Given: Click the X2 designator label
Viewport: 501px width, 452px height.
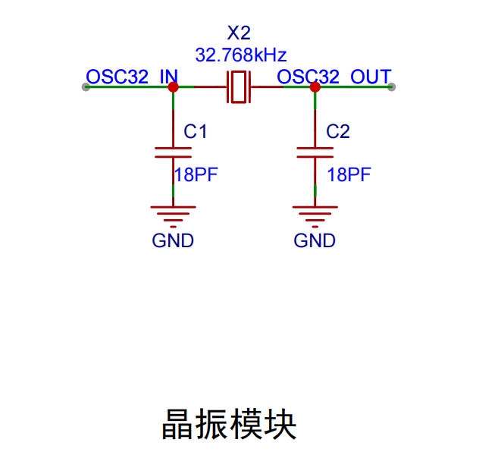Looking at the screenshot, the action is (x=239, y=33).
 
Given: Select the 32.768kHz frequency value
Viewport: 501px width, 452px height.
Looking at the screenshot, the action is (x=241, y=55).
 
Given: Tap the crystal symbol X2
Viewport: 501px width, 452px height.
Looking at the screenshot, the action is (x=239, y=87).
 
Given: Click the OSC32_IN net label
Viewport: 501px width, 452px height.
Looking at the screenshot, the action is (x=132, y=77).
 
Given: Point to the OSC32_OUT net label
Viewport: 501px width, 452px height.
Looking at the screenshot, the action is (x=334, y=77).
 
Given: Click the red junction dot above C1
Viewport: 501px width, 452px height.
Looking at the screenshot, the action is (x=173, y=87).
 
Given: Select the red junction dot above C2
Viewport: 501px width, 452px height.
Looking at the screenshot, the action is (x=315, y=87).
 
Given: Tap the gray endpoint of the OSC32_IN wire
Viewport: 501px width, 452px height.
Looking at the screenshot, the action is (x=86, y=87).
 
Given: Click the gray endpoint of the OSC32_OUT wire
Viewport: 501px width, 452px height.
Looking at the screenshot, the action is (x=391, y=87).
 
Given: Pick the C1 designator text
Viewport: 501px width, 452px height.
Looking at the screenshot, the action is (x=196, y=131).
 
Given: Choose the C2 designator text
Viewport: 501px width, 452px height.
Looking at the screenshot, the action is (x=338, y=131).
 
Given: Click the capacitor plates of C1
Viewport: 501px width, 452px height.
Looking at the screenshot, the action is (x=173, y=152).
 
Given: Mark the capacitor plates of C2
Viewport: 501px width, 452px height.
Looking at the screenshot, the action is (x=315, y=152).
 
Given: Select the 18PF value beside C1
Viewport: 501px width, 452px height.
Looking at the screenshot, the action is (x=196, y=175).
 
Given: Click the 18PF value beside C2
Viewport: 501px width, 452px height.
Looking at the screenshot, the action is (x=349, y=175).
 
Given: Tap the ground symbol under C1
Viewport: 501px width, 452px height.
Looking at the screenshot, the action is (x=173, y=217).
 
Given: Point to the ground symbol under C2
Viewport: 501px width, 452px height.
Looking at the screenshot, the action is (x=315, y=217).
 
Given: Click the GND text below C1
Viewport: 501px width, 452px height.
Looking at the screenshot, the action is (x=173, y=240).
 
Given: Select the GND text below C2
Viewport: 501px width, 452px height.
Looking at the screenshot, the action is (x=315, y=240).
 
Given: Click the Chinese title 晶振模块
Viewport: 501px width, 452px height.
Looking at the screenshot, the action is (x=230, y=424).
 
